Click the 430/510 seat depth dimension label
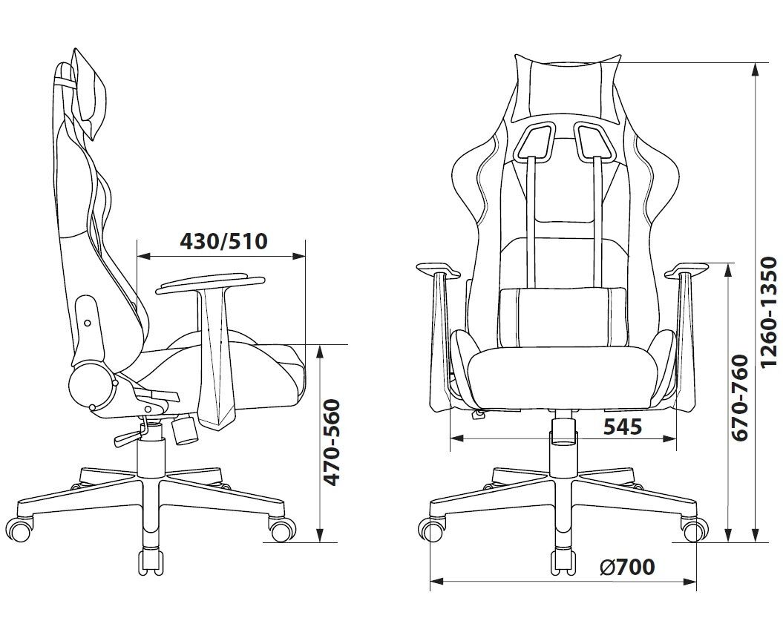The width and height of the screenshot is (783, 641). [x=223, y=242]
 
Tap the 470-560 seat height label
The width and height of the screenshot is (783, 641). [x=332, y=442]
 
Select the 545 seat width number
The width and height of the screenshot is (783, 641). [x=623, y=427]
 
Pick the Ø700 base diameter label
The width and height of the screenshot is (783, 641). [x=627, y=567]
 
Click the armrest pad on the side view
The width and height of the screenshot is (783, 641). [x=210, y=284]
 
